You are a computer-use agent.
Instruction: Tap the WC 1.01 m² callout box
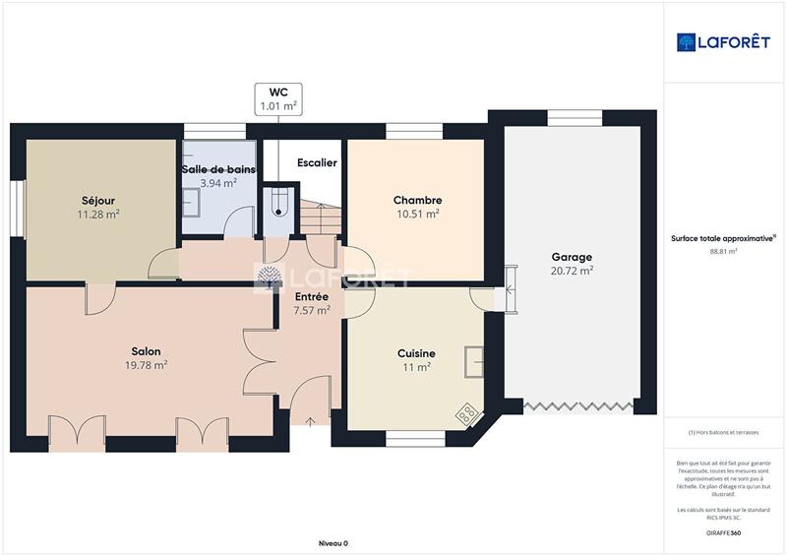(x=278, y=98)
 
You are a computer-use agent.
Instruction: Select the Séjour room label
(x=98, y=200)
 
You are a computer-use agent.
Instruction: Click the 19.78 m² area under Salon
(x=147, y=364)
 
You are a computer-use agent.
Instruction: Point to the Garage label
(x=572, y=257)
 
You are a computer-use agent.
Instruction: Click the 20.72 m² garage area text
(x=572, y=271)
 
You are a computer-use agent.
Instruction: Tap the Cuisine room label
(x=416, y=353)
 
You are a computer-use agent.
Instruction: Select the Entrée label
(x=312, y=296)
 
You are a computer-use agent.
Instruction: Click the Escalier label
(x=317, y=162)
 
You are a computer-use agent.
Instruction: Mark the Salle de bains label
(x=218, y=169)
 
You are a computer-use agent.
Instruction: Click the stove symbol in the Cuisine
(x=466, y=414)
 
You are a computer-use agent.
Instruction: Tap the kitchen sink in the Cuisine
(x=476, y=360)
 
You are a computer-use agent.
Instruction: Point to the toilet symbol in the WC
(x=279, y=202)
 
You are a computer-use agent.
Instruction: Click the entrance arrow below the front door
(x=312, y=421)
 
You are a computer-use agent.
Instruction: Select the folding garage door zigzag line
(x=576, y=404)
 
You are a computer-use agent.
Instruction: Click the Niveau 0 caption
(x=333, y=543)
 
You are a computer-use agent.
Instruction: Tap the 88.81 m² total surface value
(x=723, y=251)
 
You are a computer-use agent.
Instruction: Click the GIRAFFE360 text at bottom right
(x=723, y=533)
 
